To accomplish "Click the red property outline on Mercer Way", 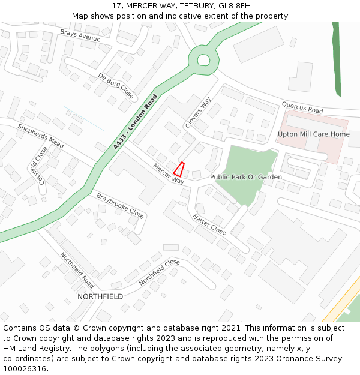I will coord(179,169).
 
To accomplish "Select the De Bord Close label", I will coord(116,85).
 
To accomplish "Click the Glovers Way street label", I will coord(198,113).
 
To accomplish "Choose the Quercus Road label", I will coord(302,107).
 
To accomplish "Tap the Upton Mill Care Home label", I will coord(313,134).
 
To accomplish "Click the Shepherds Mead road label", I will coord(41,136).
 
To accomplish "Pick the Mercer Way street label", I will coord(168,174).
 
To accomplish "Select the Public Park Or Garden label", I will coord(245,178).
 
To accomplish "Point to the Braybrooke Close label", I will coord(120,205).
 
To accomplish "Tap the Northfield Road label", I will coord(77,270).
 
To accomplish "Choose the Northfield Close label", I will coord(159,272).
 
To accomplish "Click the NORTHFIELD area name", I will coord(100,297).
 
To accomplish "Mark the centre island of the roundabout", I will coord(203,60).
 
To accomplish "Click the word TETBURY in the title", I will coord(179,6).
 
